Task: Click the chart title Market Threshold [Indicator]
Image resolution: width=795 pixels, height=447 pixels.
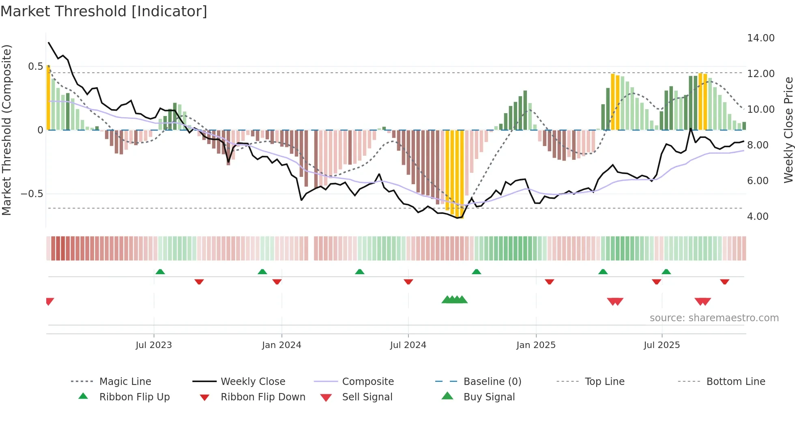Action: click(104, 11)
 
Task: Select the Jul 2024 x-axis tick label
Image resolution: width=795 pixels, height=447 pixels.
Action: click(408, 345)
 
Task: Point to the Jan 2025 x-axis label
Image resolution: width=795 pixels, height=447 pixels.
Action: click(536, 345)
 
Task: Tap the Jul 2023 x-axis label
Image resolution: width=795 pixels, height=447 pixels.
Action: click(154, 345)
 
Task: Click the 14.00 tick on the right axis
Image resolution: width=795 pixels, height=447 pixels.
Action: click(761, 38)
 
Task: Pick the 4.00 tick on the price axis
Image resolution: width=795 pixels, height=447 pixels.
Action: click(758, 217)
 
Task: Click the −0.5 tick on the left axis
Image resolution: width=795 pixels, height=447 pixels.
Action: click(32, 194)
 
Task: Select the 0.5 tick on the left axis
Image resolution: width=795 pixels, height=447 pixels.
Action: click(35, 67)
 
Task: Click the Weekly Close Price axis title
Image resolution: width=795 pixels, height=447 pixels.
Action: click(788, 130)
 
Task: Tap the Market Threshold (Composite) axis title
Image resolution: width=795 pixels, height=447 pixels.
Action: click(6, 130)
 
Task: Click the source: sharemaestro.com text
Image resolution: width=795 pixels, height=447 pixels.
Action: click(714, 318)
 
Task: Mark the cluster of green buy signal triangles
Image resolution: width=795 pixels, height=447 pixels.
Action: click(454, 300)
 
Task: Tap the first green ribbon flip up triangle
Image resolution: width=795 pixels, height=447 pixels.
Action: click(160, 272)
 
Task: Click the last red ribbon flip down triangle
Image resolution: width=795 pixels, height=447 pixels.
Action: click(724, 282)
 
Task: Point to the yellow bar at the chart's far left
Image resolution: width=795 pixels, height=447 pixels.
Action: click(48, 97)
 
